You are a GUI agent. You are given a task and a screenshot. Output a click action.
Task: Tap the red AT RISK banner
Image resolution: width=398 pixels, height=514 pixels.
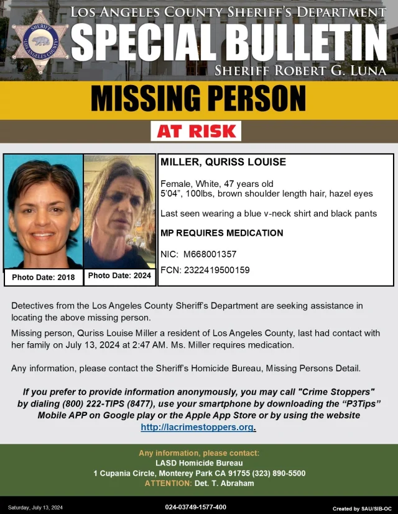pos(196,131)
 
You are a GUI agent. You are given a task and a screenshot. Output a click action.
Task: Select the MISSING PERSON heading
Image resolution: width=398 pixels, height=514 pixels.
pos(198,98)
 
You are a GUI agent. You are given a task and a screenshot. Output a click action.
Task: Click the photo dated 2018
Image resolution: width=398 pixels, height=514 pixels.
pos(44,211)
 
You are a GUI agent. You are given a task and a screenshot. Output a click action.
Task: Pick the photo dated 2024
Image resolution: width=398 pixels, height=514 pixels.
pos(119,211)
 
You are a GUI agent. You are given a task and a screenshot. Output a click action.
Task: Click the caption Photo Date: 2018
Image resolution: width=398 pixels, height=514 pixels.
pos(44,277)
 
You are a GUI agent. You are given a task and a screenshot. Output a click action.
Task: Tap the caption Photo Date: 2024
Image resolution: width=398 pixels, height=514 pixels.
pos(119,276)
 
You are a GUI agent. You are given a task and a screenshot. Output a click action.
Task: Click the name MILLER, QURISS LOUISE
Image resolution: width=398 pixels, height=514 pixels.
pos(223,163)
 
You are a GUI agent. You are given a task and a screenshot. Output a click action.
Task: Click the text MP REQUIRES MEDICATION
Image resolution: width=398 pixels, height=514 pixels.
pos(222,233)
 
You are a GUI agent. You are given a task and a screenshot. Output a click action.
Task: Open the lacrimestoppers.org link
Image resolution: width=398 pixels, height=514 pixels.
pos(198,427)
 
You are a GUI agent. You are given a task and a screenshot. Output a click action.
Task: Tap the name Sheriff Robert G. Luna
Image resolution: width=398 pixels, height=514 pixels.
pos(300,71)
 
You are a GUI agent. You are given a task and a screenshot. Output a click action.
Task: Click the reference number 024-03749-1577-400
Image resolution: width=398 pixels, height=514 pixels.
pos(195,507)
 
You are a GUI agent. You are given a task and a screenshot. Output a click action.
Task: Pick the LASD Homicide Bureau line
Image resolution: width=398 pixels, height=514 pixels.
pos(199,463)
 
